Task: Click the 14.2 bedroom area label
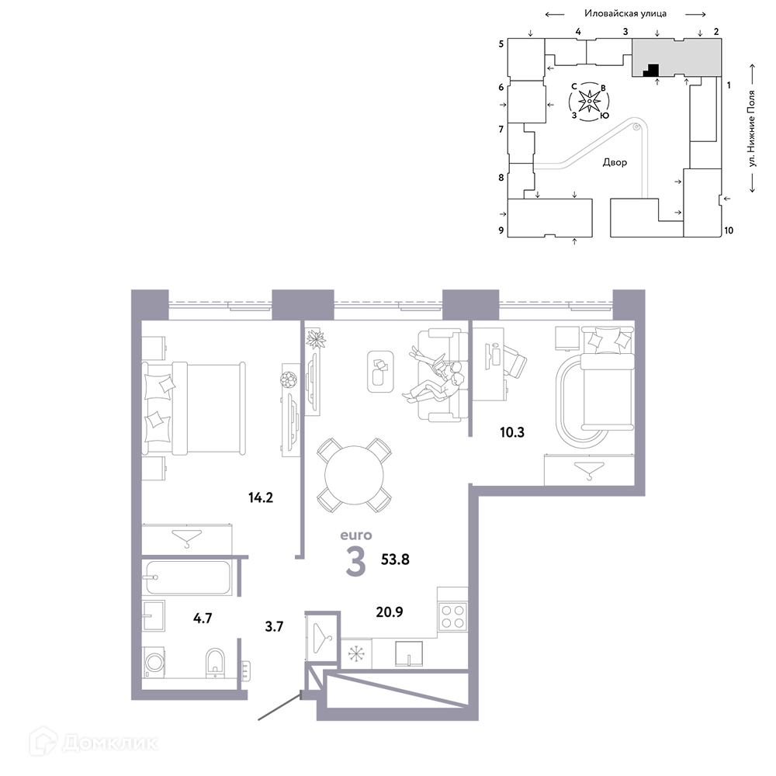coord(261,497)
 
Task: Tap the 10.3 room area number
coord(511,432)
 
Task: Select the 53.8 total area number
coord(395,559)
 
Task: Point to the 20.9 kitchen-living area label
coord(390,612)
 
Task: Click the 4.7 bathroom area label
coord(203,618)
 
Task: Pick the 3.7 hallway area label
coord(274,626)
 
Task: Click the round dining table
coord(354,475)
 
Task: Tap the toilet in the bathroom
coord(215,663)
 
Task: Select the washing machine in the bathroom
coord(154,662)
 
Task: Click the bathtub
coord(188,577)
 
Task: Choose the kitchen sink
coord(409,653)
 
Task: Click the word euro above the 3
coord(356,535)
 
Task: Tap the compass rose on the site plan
coord(589,102)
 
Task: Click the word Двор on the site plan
coord(615,162)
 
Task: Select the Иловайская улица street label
coord(625,13)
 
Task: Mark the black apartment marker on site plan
coord(651,71)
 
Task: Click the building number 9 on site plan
coord(501,230)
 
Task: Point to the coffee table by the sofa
coord(380,372)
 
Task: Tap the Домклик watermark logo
coord(94,743)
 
